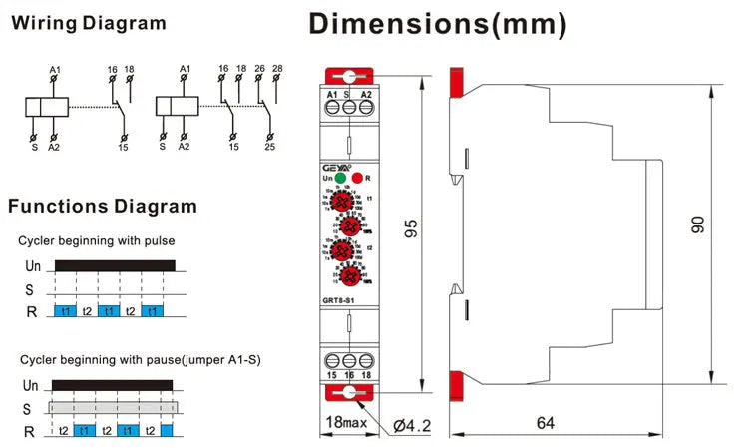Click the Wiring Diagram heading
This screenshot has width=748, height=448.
coord(88,23)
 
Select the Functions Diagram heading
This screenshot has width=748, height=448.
coord(103,207)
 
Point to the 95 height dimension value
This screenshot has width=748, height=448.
coord(409,229)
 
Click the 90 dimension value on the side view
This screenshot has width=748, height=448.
coord(697,225)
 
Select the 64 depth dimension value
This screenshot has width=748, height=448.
coord(545,423)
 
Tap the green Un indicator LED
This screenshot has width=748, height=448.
coord(340,178)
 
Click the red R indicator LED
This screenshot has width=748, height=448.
coord(357,178)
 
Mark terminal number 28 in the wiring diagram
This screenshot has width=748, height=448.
coord(278,70)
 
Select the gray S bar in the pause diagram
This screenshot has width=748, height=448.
coord(114,409)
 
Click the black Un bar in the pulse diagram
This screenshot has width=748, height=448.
coord(114,266)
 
